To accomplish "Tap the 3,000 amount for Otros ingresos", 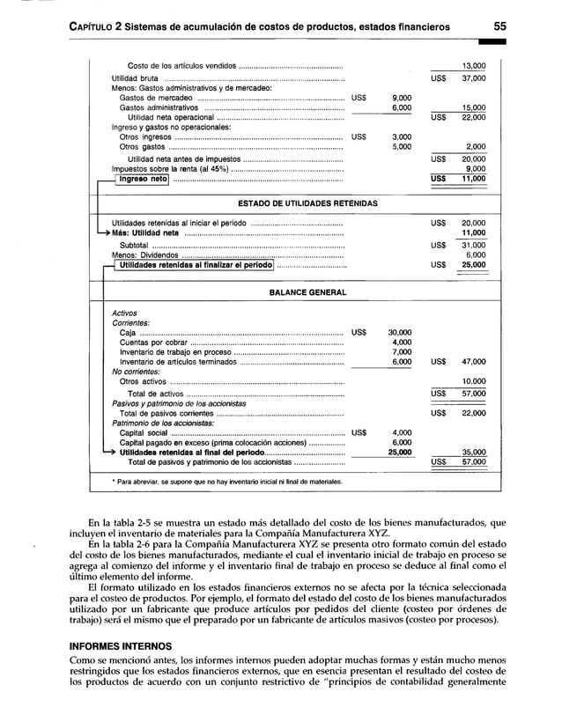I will (401, 136).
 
